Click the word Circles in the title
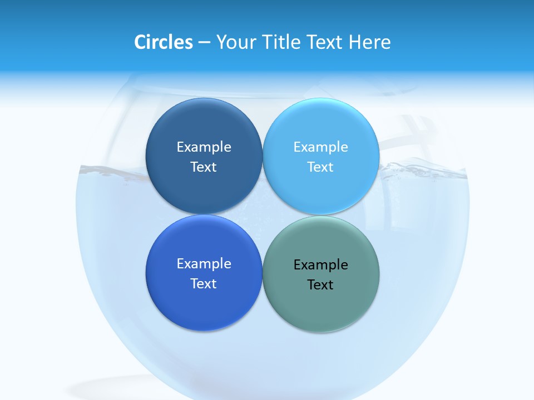(164, 42)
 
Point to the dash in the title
(204, 43)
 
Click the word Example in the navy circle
(204, 147)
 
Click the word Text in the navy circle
(204, 167)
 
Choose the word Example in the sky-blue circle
(321, 147)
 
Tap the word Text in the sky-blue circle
(321, 167)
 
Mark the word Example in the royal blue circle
(204, 263)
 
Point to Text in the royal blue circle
(204, 283)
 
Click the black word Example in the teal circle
(321, 264)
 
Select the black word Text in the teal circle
(321, 284)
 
